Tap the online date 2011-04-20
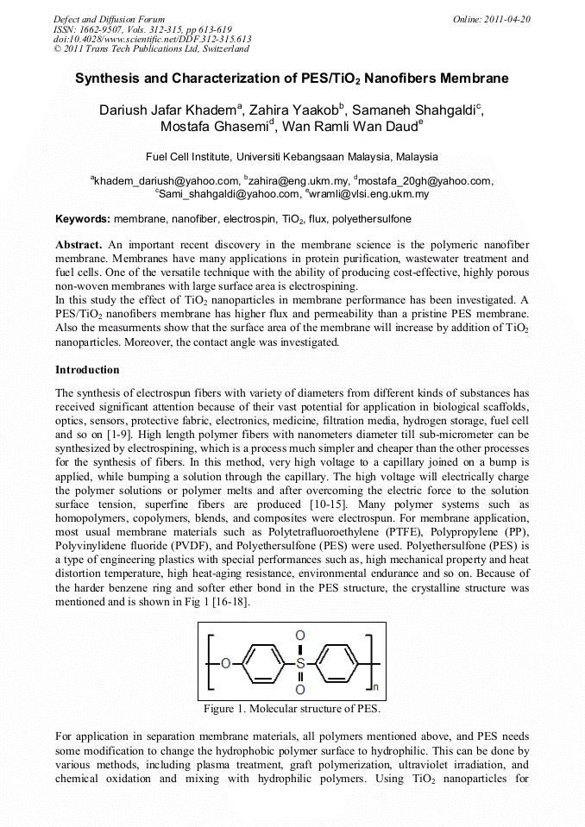tap(502, 18)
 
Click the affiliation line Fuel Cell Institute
tap(292, 157)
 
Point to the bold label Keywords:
tap(83, 219)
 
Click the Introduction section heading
tap(87, 370)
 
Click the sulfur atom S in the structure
tap(299, 664)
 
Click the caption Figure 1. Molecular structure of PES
tap(292, 709)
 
